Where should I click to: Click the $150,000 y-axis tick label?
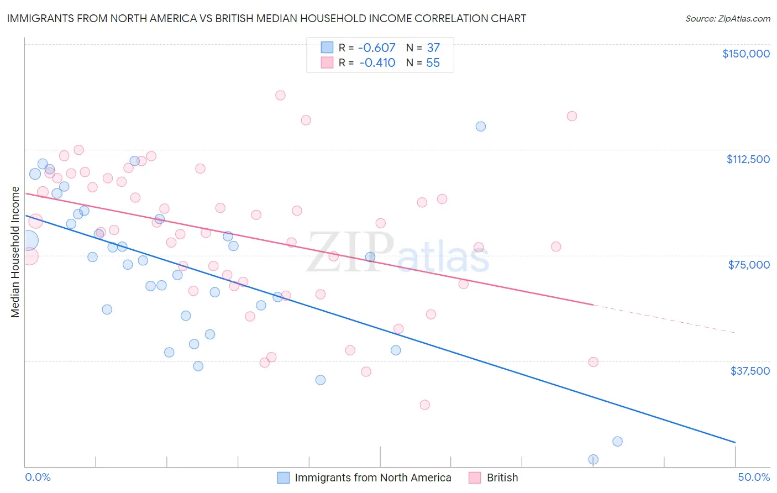pyautogui.click(x=746, y=54)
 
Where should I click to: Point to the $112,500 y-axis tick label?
pyautogui.click(x=748, y=159)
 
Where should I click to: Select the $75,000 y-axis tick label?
pyautogui.click(x=749, y=265)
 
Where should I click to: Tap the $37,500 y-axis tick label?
pyautogui.click(x=750, y=370)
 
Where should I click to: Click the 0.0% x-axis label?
pyautogui.click(x=38, y=477)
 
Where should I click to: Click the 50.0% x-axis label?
pyautogui.click(x=754, y=477)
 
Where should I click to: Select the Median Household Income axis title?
pyautogui.click(x=15, y=252)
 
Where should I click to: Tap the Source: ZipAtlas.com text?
pyautogui.click(x=727, y=18)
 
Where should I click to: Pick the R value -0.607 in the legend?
pyautogui.click(x=377, y=48)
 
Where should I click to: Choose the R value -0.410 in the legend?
pyautogui.click(x=377, y=62)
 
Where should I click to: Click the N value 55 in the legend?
pyautogui.click(x=433, y=62)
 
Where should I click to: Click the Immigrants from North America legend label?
pyautogui.click(x=373, y=478)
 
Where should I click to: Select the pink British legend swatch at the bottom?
pyautogui.click(x=475, y=478)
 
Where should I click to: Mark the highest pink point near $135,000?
pyautogui.click(x=280, y=95)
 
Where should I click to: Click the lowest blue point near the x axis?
pyautogui.click(x=593, y=459)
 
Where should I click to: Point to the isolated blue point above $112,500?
pyautogui.click(x=481, y=126)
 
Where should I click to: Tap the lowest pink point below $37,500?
pyautogui.click(x=424, y=405)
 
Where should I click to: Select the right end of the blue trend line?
pyautogui.click(x=734, y=442)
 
